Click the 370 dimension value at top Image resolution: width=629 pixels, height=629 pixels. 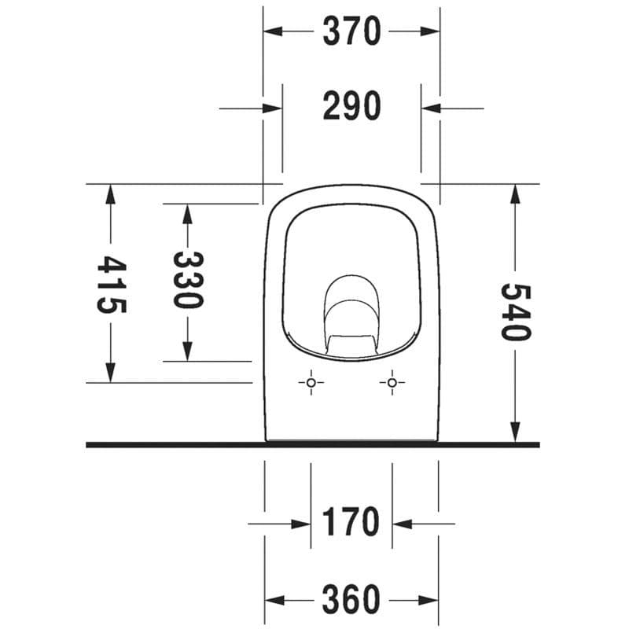[351, 31]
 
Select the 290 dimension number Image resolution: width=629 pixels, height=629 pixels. [351, 106]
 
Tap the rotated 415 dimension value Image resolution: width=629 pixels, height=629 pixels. [111, 284]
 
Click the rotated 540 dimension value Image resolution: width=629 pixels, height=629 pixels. [516, 311]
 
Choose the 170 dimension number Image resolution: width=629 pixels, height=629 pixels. [351, 521]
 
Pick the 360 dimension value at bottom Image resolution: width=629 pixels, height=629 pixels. [351, 599]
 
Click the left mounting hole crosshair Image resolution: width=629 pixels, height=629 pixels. [311, 383]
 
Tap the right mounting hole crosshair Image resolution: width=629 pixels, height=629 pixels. [392, 383]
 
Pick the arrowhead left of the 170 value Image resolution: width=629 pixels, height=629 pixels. [300, 523]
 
